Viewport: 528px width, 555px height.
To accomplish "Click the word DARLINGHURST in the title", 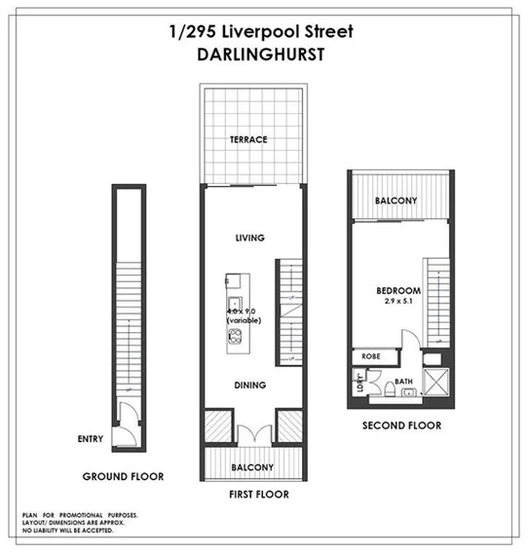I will click(x=262, y=55).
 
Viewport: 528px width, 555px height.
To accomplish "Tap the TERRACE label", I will click(x=248, y=139).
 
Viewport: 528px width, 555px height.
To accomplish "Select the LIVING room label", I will click(x=250, y=238).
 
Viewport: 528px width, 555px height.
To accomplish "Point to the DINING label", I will click(x=250, y=386).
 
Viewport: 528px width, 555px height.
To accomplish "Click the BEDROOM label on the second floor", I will click(x=398, y=290).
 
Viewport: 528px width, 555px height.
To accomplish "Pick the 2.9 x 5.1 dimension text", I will click(x=398, y=303).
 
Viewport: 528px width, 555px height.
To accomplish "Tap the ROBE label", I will click(x=371, y=356).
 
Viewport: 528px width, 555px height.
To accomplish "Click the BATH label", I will click(x=405, y=382).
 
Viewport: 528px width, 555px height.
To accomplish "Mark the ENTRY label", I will click(x=91, y=439).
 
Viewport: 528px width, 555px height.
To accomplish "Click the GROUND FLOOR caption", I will click(x=124, y=477).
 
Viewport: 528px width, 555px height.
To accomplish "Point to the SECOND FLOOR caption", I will click(x=401, y=425).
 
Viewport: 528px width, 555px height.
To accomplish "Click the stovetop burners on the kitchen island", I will click(x=234, y=338).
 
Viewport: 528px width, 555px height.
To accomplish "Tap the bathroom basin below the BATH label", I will click(x=410, y=394).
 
